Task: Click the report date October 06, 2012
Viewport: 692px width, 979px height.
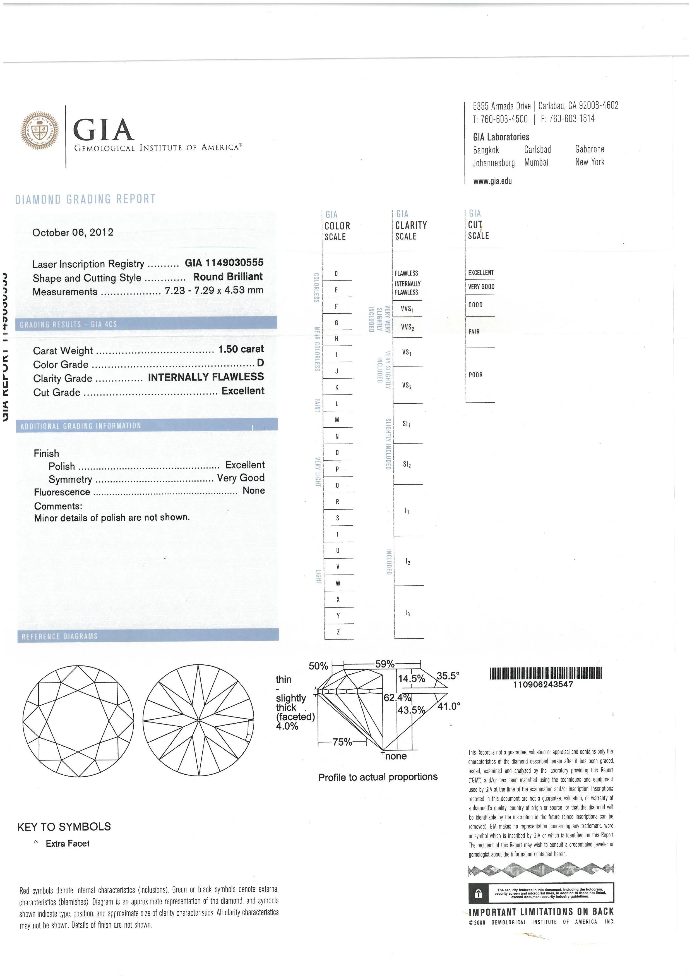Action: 73,232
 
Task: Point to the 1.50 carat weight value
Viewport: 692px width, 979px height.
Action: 241,349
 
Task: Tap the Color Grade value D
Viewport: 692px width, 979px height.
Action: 260,363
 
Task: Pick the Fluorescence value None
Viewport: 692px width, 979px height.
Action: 254,490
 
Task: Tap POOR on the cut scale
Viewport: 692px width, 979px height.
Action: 475,375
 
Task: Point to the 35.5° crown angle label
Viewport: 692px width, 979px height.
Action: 448,676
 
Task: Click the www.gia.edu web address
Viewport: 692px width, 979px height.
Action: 492,181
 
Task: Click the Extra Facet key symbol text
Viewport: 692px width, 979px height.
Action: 68,843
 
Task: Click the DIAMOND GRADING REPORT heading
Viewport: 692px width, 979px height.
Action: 85,199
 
